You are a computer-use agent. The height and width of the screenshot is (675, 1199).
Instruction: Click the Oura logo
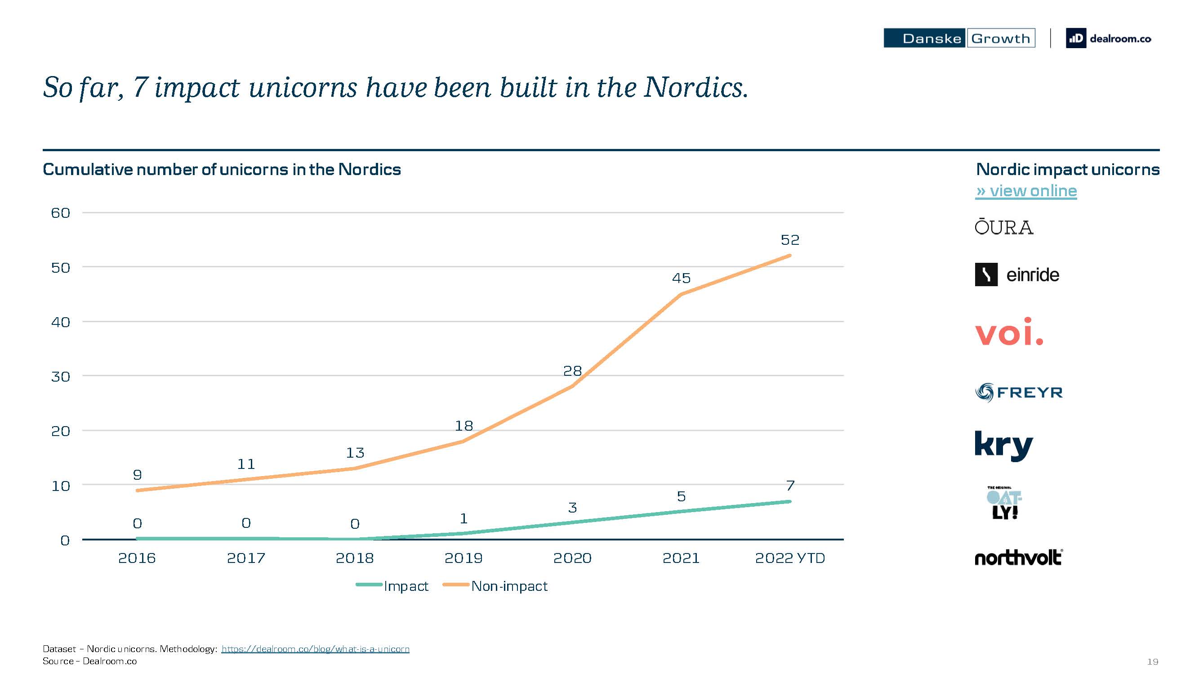tap(1004, 227)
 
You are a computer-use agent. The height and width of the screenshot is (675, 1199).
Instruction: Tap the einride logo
tap(1017, 274)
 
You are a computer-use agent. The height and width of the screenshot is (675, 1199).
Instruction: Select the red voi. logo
tap(1009, 332)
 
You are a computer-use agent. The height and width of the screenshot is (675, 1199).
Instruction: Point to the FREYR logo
tap(1019, 392)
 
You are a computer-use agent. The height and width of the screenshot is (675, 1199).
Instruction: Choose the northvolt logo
tap(1018, 557)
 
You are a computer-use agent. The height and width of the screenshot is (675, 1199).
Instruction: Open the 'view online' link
tap(1026, 191)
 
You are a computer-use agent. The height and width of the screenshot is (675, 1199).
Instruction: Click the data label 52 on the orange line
tap(790, 240)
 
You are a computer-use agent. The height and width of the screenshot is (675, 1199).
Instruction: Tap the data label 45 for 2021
tap(681, 278)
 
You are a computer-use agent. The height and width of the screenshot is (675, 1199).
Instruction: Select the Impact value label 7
tap(790, 486)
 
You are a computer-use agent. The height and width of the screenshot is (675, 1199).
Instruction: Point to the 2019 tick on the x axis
tap(464, 558)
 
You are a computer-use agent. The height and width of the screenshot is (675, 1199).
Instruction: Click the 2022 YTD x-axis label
tap(790, 558)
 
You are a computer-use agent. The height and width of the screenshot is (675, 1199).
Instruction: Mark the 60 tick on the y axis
tap(61, 213)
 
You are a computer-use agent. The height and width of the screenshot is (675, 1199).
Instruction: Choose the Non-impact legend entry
tap(495, 586)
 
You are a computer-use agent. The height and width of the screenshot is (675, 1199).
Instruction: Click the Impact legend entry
tap(392, 586)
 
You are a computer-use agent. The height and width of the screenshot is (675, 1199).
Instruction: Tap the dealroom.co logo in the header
tap(1108, 38)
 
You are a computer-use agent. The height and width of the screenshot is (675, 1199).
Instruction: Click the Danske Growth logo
tap(959, 38)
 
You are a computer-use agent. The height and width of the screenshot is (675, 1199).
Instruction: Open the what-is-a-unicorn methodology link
tap(315, 649)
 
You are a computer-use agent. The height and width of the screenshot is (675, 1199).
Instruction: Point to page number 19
tap(1152, 661)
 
